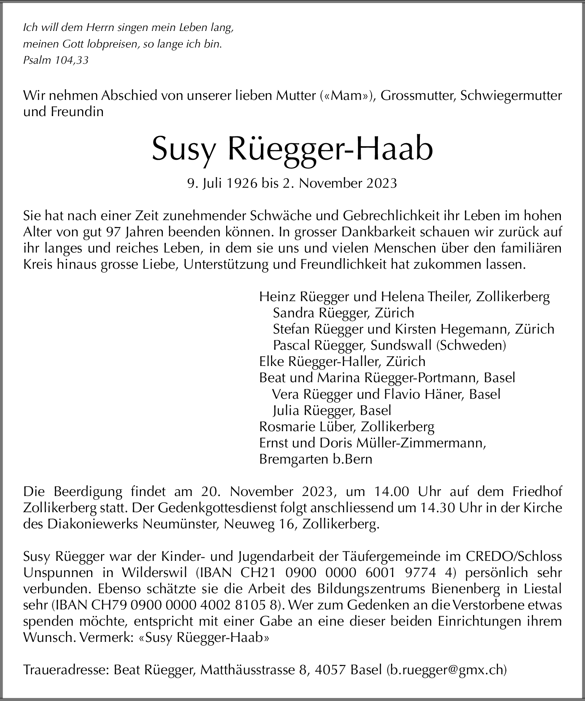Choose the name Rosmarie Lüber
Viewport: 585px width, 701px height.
pos(307,427)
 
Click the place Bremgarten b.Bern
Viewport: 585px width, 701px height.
pos(315,459)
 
